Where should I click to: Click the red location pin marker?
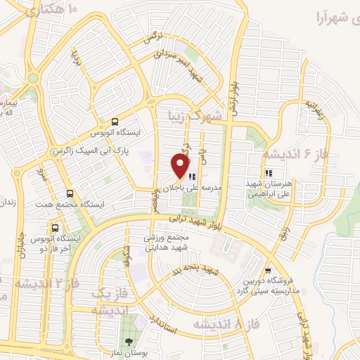181,166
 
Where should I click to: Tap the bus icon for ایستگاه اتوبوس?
115,122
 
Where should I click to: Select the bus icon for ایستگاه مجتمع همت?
69,193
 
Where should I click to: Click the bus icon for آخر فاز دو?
55,228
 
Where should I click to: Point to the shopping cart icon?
267,271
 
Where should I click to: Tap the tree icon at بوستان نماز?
127,342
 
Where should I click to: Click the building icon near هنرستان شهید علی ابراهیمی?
268,173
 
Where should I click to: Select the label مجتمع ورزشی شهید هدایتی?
168,243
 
